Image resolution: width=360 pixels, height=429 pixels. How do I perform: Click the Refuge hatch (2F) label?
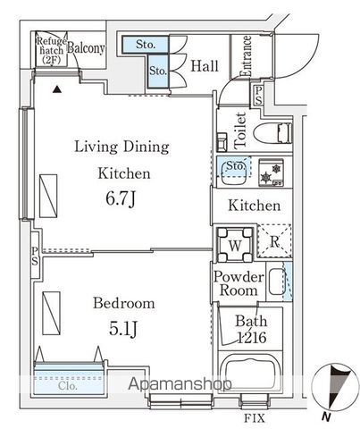click(51, 50)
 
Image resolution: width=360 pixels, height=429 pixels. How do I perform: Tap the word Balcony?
click(86, 48)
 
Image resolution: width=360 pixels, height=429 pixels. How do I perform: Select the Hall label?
click(205, 66)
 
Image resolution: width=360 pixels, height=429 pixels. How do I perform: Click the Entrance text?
click(247, 56)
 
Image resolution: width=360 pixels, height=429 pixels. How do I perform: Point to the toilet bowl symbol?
click(272, 133)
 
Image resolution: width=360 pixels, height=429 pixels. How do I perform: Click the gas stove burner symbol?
click(271, 172)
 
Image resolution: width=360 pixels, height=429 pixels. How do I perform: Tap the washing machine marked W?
click(235, 245)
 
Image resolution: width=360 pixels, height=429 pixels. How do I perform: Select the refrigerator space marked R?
click(274, 240)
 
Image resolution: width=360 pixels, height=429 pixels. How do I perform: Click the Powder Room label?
click(239, 283)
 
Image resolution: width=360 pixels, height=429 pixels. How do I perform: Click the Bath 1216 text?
click(251, 330)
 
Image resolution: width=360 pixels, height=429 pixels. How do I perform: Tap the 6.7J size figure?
click(121, 198)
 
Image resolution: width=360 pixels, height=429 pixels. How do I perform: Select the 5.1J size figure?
click(123, 329)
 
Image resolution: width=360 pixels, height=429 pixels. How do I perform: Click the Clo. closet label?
click(68, 386)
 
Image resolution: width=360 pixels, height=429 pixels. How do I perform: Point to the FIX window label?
click(255, 418)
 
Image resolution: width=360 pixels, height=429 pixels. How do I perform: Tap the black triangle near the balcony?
click(57, 89)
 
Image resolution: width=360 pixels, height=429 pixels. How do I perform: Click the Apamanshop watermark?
click(180, 384)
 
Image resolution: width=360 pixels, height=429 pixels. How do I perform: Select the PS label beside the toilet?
click(258, 96)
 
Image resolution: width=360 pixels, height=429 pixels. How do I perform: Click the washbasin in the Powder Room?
click(277, 282)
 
